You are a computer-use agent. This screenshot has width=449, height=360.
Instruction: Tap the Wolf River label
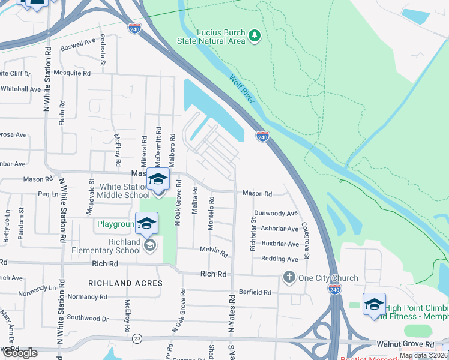[242, 88]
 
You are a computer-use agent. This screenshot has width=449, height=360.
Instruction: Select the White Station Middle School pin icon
[158, 179]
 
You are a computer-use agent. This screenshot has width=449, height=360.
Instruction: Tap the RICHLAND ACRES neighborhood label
[125, 283]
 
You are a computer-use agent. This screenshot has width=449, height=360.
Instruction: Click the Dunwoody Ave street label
[276, 213]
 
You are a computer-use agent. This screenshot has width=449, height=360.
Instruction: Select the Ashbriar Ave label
[276, 229]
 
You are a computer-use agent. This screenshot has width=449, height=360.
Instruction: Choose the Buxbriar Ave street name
[276, 244]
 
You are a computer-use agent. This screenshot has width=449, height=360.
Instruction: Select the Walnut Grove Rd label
[405, 344]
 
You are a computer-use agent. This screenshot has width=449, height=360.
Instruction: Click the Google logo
[19, 352]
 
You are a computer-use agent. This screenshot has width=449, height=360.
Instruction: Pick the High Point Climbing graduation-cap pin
[373, 305]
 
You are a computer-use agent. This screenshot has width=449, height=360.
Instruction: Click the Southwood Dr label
[87, 318]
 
